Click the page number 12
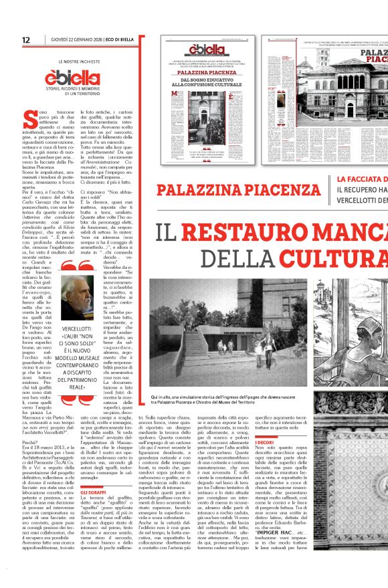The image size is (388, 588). (26, 40)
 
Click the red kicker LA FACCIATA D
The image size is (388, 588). (362, 179)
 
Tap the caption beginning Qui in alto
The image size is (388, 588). (253, 399)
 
